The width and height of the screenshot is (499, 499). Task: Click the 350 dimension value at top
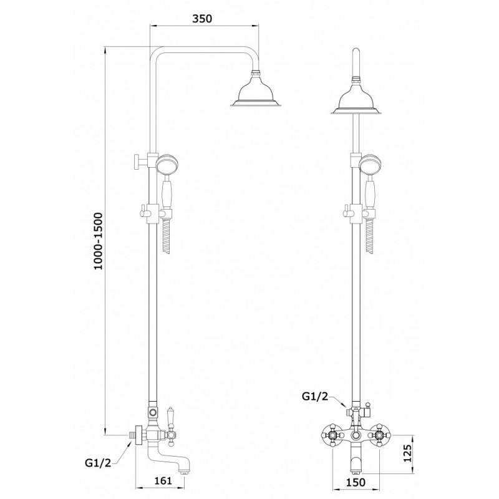202,19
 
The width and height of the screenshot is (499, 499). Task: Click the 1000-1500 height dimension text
99,241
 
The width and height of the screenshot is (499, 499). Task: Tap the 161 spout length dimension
164,480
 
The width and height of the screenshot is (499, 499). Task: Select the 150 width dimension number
356,482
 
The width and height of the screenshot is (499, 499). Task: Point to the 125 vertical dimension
407,453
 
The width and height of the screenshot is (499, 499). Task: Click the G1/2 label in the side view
98,463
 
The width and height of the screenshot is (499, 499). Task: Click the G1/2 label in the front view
314,396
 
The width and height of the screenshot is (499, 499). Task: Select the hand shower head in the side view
167,164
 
